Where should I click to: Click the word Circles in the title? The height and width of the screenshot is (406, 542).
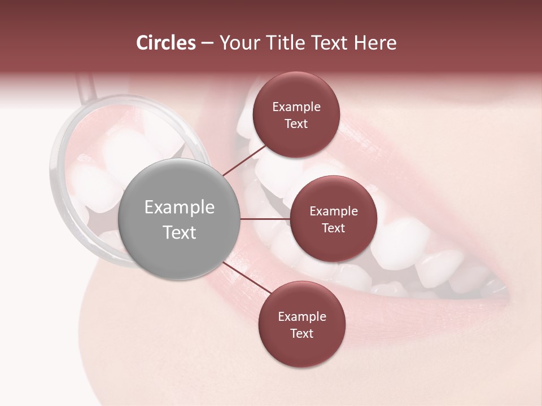pyautogui.click(x=165, y=43)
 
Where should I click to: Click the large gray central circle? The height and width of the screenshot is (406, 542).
pyautogui.click(x=180, y=219)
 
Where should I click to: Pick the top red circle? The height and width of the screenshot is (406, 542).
pyautogui.click(x=296, y=114)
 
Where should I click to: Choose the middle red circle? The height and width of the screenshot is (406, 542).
pyautogui.click(x=333, y=219)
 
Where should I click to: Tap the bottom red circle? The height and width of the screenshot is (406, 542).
pyautogui.click(x=301, y=324)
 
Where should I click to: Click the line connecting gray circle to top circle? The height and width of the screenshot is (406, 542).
pyautogui.click(x=244, y=160)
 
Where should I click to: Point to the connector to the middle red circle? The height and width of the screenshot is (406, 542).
pyautogui.click(x=265, y=219)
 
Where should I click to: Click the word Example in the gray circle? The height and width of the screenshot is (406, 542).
pyautogui.click(x=180, y=208)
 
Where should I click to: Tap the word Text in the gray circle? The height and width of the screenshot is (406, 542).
pyautogui.click(x=180, y=232)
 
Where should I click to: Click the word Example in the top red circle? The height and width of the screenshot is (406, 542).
pyautogui.click(x=296, y=107)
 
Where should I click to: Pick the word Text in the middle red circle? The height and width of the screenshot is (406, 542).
pyautogui.click(x=333, y=228)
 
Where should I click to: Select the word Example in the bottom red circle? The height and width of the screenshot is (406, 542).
pyautogui.click(x=301, y=316)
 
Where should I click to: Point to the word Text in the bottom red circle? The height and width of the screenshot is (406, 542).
pyautogui.click(x=301, y=333)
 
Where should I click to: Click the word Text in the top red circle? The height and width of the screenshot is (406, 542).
pyautogui.click(x=296, y=123)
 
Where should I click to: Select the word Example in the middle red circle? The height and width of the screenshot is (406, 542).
pyautogui.click(x=333, y=211)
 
